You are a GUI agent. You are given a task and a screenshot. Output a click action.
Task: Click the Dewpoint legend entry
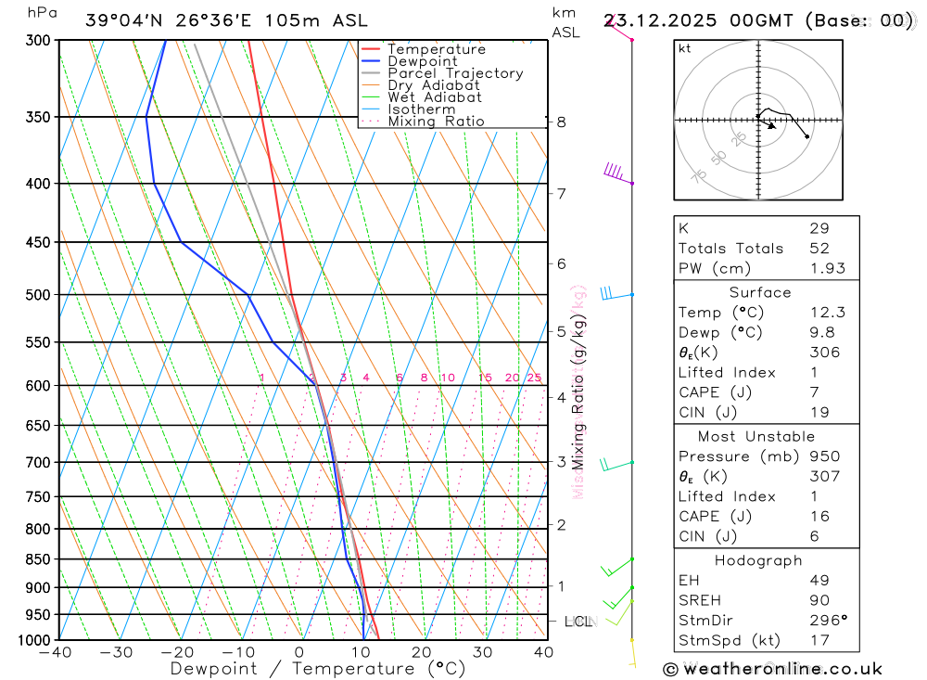(422, 61)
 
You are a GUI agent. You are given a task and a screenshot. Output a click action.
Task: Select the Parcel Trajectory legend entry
(454, 73)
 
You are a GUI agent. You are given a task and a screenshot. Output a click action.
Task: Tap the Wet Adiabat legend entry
(434, 96)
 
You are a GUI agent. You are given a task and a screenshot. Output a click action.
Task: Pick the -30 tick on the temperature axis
(117, 652)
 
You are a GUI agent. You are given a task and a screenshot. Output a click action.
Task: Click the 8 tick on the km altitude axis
(561, 122)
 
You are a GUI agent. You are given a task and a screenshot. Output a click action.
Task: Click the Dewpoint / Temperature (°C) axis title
(317, 668)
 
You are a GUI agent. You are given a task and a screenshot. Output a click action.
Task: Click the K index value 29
(819, 228)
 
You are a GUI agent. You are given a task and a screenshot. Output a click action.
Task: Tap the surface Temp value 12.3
(827, 313)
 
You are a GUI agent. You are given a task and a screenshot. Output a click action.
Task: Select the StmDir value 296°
(827, 621)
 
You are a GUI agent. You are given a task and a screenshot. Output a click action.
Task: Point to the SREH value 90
(819, 600)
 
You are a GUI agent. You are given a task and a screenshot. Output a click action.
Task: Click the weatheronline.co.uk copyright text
(773, 668)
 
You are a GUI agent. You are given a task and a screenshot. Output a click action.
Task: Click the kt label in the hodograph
(685, 49)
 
